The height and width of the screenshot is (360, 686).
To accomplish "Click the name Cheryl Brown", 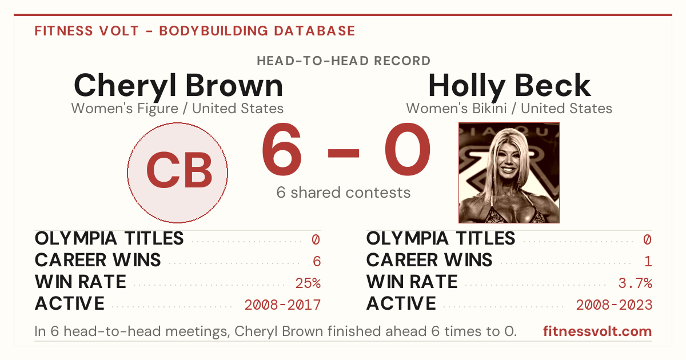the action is click(x=178, y=86).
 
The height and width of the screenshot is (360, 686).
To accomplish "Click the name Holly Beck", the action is click(x=509, y=86).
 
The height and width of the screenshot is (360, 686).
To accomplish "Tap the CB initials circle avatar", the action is click(x=178, y=173).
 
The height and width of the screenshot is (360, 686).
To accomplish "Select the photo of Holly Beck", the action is click(x=509, y=173).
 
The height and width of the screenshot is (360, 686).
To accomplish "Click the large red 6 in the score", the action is click(x=282, y=149).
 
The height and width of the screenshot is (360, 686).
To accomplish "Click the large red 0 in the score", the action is click(x=407, y=149).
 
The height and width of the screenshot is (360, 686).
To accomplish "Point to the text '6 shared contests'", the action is click(x=344, y=193).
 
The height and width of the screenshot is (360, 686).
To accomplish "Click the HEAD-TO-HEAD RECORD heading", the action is click(x=344, y=61).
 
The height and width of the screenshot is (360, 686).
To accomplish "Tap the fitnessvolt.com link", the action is click(x=597, y=331).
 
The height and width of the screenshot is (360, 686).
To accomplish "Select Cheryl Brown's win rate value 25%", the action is click(x=308, y=283).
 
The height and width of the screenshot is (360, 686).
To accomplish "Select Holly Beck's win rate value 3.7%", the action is click(x=635, y=283).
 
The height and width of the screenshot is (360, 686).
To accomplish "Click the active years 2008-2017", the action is click(x=282, y=305).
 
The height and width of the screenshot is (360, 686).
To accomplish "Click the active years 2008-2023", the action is click(x=614, y=305).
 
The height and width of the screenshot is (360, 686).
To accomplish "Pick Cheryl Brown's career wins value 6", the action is click(x=317, y=262).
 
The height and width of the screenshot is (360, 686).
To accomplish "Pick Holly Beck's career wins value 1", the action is click(x=648, y=262).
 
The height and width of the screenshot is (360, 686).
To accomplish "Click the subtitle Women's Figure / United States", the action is click(x=177, y=109).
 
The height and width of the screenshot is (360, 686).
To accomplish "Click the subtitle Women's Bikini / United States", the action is click(x=509, y=109).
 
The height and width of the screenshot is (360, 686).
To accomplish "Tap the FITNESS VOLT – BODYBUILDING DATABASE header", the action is click(x=195, y=31).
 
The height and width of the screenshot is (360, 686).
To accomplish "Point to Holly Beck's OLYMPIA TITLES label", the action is click(x=441, y=238).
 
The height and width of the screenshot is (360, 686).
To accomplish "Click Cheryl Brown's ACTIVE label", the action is click(x=70, y=303).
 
